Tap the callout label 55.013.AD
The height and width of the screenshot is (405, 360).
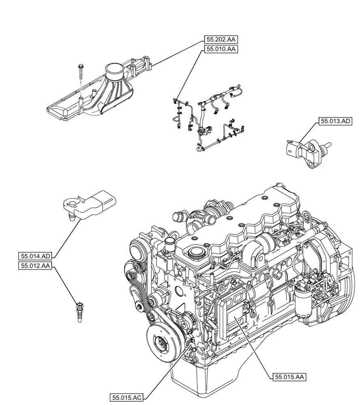tap(335, 121)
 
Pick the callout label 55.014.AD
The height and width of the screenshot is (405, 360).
tap(35, 256)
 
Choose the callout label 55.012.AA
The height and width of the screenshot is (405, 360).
tap(35, 266)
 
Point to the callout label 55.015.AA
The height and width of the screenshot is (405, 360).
tap(288, 377)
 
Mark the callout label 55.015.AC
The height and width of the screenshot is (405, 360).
tap(126, 398)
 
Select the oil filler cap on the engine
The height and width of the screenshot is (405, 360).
tap(197, 255)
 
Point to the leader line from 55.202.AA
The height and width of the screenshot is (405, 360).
tap(178, 53)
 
